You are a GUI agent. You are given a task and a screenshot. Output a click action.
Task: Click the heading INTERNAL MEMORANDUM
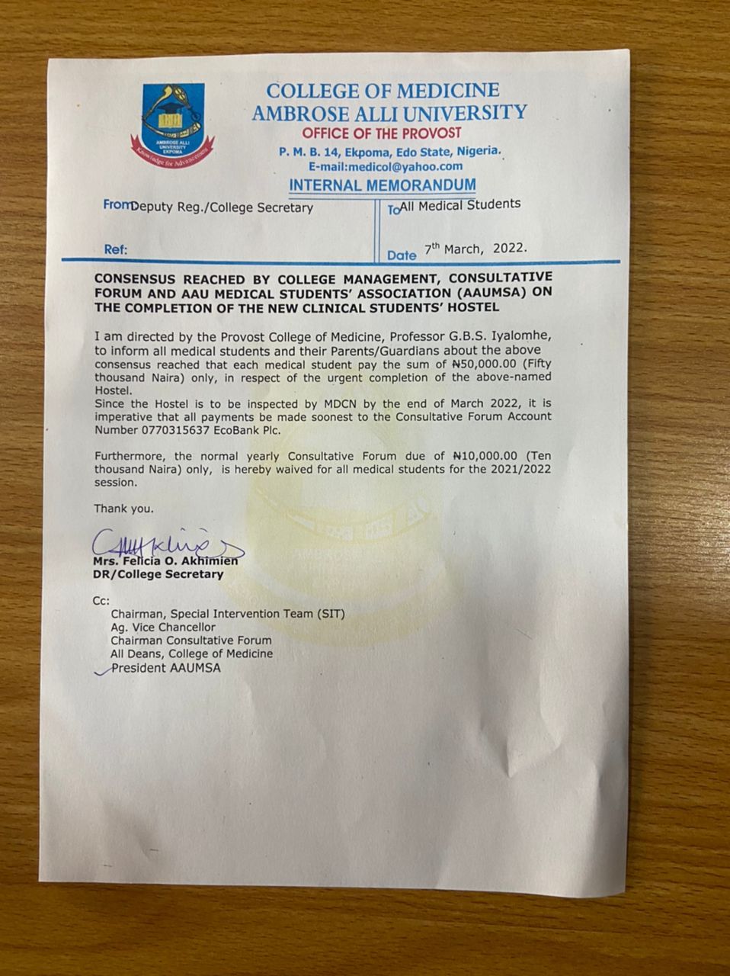coord(383,185)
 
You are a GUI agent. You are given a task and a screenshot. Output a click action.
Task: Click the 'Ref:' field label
coord(116,249)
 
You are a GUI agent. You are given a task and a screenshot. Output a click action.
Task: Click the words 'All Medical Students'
coord(460,204)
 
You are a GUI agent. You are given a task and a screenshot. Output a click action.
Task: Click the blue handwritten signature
coord(164,543)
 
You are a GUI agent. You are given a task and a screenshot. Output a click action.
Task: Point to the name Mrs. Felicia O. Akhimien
coord(165,561)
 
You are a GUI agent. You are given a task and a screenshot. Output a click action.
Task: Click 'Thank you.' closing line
coord(123,508)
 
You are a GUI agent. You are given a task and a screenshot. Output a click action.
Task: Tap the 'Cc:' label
coord(101,600)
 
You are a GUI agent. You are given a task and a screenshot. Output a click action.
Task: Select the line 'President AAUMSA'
coord(167,668)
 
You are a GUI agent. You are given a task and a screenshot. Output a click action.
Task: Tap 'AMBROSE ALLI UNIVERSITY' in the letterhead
coord(389,113)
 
